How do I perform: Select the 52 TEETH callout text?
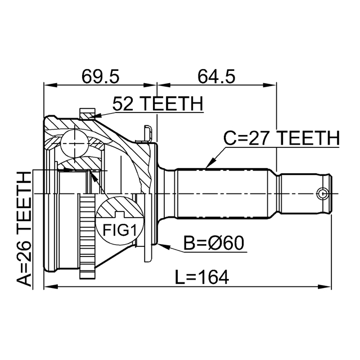(x=157, y=103)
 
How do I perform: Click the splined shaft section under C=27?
(x=225, y=193)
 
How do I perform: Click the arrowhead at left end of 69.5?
(x=48, y=85)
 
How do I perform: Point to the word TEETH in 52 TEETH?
(x=174, y=103)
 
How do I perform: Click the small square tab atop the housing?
(x=87, y=112)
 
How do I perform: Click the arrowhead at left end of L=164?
(x=48, y=287)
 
